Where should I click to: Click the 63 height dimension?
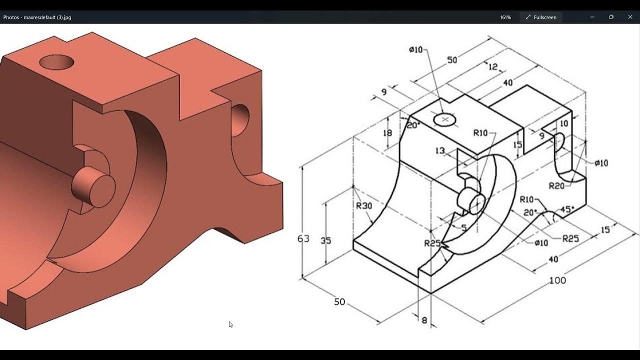point(303,239)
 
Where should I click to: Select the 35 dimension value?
point(325,240)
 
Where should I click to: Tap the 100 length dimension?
point(557,280)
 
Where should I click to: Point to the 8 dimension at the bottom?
point(424,320)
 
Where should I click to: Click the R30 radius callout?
point(364,205)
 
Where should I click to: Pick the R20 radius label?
point(556,186)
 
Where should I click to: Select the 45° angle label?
point(566,209)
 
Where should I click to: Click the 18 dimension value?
point(387,132)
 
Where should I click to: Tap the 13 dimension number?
point(440,150)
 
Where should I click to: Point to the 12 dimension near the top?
point(493,66)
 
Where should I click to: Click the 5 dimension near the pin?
point(463,228)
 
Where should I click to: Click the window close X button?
point(630,17)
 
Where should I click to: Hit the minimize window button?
point(592,17)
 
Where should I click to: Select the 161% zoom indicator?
point(505,17)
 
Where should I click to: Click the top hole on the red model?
point(56,62)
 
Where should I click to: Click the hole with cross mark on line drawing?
point(444,119)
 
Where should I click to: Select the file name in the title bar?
point(37,17)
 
